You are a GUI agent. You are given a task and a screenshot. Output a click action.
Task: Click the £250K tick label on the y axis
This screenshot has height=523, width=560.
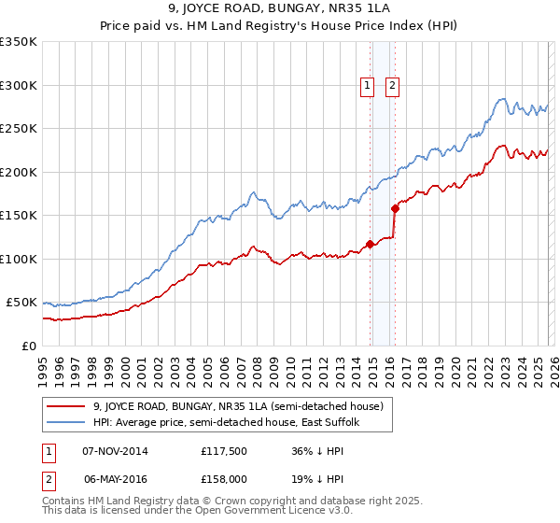(19, 129)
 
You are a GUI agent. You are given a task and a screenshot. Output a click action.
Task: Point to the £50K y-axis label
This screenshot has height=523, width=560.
(21, 303)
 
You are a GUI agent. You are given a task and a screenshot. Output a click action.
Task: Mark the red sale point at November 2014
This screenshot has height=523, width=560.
(370, 245)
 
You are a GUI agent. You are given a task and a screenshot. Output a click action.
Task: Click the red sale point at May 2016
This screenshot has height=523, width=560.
(395, 209)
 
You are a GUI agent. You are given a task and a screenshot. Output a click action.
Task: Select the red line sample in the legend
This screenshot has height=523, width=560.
(65, 406)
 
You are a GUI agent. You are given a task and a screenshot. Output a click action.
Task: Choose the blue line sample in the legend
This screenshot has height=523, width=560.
(65, 423)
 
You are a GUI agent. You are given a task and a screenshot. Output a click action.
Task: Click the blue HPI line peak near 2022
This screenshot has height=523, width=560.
(502, 98)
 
